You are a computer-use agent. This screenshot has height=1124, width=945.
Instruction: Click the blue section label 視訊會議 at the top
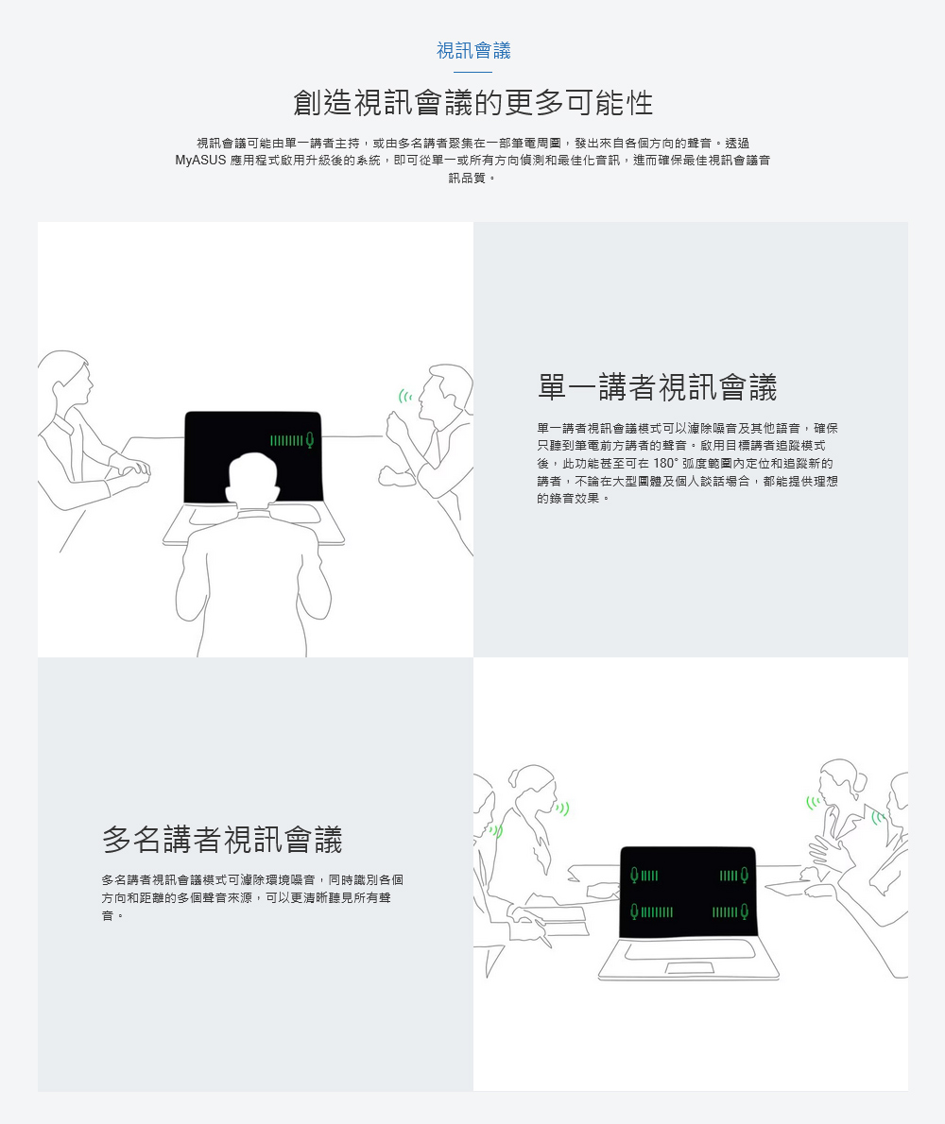click(473, 50)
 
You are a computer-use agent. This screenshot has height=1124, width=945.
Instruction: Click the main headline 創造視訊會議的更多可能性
click(473, 103)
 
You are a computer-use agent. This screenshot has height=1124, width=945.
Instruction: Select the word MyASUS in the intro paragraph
click(200, 161)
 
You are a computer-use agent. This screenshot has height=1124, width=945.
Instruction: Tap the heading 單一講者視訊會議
click(658, 387)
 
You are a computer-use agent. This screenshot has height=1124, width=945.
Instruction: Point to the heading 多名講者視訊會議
click(222, 840)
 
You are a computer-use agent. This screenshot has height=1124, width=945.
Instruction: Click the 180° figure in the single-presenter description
click(664, 464)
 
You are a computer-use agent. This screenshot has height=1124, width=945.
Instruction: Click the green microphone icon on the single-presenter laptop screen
click(310, 440)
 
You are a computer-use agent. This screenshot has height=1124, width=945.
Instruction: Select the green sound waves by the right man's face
click(405, 396)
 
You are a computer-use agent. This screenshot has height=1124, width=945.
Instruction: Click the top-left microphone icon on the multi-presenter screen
click(634, 876)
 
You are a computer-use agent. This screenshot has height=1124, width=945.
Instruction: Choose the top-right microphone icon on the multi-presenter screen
click(745, 876)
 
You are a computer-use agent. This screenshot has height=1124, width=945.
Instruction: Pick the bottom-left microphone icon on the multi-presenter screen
click(634, 911)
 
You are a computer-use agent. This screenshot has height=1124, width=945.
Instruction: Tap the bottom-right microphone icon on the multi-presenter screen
click(745, 911)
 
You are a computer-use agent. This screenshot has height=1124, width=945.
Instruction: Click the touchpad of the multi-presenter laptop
click(689, 968)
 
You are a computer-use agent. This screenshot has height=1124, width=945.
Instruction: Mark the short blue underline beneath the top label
click(473, 72)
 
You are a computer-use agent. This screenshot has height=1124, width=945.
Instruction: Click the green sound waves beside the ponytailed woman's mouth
click(563, 809)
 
